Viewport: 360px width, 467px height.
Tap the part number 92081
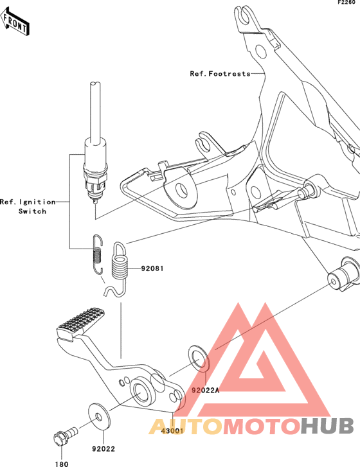(x=152, y=269)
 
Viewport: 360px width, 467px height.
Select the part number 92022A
(x=205, y=390)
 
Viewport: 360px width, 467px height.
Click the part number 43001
(x=172, y=431)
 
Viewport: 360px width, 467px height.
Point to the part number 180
(x=62, y=464)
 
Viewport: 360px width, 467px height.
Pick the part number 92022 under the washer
(x=104, y=449)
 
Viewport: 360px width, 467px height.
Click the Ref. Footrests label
(x=221, y=74)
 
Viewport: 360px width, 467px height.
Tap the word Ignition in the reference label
(x=37, y=202)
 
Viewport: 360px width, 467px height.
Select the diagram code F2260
(x=346, y=3)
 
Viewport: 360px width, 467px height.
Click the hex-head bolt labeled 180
(x=65, y=436)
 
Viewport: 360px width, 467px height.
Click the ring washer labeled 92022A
(x=199, y=358)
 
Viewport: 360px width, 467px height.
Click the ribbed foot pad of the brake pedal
(x=80, y=324)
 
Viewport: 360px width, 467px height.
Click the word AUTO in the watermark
(x=186, y=426)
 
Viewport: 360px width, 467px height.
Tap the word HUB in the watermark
(x=327, y=426)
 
